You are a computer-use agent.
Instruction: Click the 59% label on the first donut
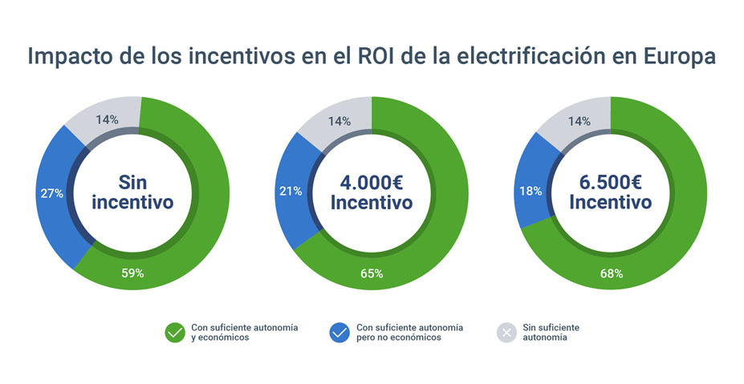click(x=132, y=273)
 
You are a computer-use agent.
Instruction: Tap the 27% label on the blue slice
click(x=52, y=193)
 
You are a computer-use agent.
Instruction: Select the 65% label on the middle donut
click(x=372, y=273)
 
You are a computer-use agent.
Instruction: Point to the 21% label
click(x=291, y=191)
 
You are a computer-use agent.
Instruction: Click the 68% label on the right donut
click(x=611, y=273)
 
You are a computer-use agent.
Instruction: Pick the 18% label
click(x=531, y=191)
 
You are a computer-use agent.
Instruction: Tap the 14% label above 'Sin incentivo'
click(x=107, y=119)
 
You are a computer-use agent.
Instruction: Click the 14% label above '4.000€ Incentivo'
click(x=339, y=121)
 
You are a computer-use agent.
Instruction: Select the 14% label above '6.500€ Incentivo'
click(x=579, y=121)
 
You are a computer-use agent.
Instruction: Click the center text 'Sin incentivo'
click(x=132, y=192)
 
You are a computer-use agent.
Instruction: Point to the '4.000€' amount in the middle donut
click(x=372, y=181)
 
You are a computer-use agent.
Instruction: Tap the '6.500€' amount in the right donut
click(x=611, y=181)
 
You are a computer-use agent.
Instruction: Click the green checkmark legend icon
click(x=175, y=333)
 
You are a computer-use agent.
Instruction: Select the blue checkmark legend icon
click(x=339, y=333)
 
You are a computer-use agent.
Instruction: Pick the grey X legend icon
click(x=506, y=333)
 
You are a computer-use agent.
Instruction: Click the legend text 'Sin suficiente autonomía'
click(x=551, y=333)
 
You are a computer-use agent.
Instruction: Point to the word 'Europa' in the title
click(x=679, y=58)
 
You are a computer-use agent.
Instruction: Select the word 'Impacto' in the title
click(x=69, y=58)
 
